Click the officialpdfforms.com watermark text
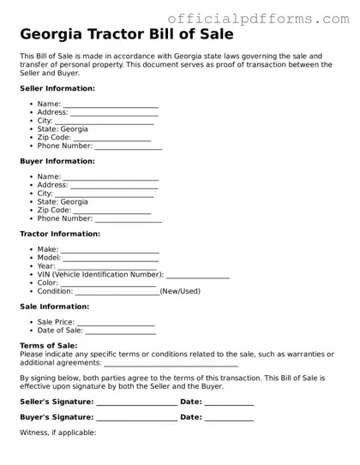click(257, 18)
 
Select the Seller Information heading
click(57, 88)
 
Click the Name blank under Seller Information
click(111, 105)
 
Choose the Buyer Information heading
click(57, 161)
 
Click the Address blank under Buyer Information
click(114, 186)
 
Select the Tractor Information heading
click(60, 234)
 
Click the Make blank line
click(110, 251)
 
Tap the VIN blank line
click(197, 275)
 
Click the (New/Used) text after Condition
click(181, 291)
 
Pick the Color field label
click(47, 283)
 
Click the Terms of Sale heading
click(49, 346)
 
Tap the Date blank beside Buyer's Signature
click(229, 418)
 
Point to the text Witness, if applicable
click(58, 432)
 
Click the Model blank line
click(111, 259)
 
